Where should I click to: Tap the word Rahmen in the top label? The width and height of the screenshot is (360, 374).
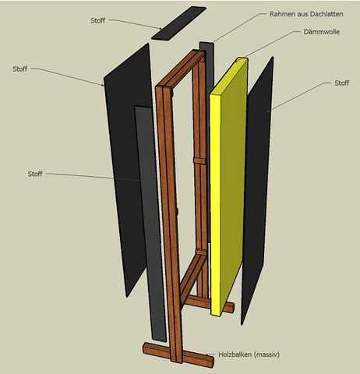(x=280, y=14)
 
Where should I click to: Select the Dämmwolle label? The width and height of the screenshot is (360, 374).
(x=322, y=32)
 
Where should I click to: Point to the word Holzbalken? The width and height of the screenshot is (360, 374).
(x=235, y=355)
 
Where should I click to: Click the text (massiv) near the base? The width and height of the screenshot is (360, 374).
(x=266, y=355)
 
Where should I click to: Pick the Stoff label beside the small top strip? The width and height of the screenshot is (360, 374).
(x=97, y=20)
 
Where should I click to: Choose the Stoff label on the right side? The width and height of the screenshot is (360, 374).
(x=341, y=83)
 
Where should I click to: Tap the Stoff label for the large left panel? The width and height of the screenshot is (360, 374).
(x=19, y=69)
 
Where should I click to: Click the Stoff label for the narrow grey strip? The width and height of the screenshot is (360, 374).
(x=35, y=174)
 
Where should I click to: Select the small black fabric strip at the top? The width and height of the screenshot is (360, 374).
(x=178, y=23)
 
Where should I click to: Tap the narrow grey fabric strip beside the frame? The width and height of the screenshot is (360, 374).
(x=150, y=224)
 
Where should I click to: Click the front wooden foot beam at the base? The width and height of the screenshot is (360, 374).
(x=178, y=355)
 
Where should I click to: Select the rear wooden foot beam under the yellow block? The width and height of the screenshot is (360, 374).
(x=210, y=305)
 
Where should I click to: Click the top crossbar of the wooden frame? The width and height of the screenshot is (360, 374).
(x=180, y=69)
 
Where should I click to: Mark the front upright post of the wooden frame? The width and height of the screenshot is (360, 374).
(x=169, y=224)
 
